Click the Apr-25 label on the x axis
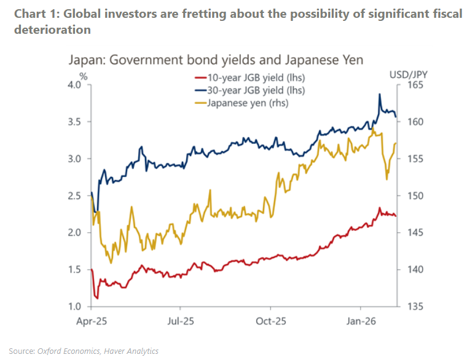click(x=91, y=321)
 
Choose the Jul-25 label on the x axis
click(x=181, y=321)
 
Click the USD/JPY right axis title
click(x=408, y=74)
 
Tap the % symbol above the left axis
click(x=84, y=75)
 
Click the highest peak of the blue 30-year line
click(x=380, y=94)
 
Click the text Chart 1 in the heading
click(x=26, y=13)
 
